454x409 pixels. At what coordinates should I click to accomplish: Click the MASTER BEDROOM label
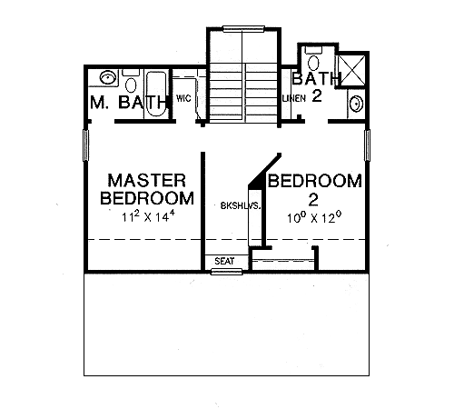tap(147, 189)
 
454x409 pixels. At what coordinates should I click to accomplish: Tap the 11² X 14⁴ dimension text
tap(149, 216)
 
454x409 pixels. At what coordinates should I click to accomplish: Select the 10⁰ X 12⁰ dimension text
tap(314, 217)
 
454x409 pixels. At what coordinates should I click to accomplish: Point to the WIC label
tap(183, 98)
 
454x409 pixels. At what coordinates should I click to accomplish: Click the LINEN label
tap(294, 98)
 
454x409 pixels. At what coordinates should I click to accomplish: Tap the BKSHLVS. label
tap(241, 206)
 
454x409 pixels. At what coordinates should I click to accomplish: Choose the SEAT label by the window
tap(224, 261)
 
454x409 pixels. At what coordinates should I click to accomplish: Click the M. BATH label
tap(129, 102)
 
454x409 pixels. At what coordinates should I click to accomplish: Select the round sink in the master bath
tap(108, 77)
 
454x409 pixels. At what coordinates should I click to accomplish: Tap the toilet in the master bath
tap(131, 82)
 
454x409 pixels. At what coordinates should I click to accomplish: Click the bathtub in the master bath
tap(156, 94)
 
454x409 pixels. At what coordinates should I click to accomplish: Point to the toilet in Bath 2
tap(313, 59)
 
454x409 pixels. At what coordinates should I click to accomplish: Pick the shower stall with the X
tap(352, 70)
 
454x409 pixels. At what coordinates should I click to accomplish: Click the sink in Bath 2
tap(356, 104)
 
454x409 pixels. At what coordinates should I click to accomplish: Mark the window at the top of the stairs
tap(243, 29)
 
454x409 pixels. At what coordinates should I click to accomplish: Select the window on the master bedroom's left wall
tap(86, 145)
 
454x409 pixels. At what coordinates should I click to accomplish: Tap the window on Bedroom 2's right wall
tap(367, 145)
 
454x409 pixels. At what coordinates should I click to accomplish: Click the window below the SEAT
tap(227, 272)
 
